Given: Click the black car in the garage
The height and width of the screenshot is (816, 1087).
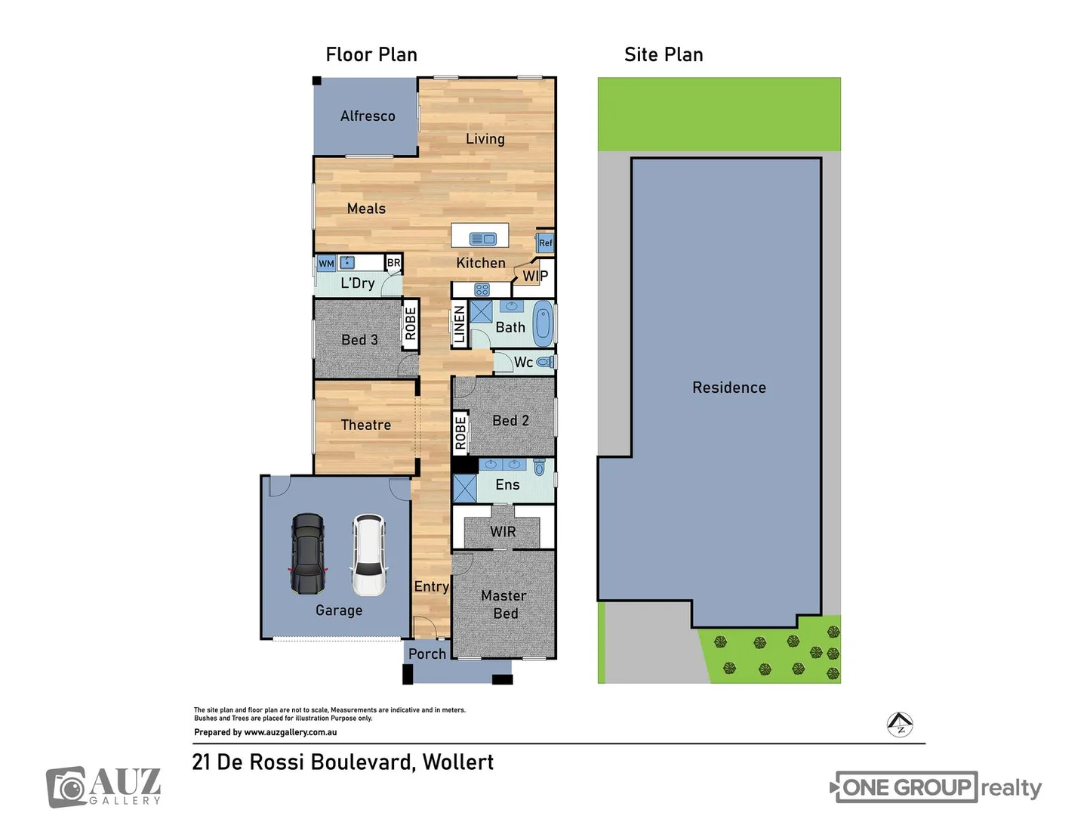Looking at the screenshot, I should click(x=308, y=554).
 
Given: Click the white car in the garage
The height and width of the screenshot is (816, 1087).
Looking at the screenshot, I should click(x=368, y=554).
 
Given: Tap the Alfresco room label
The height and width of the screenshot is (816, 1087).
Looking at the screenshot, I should click(x=368, y=116).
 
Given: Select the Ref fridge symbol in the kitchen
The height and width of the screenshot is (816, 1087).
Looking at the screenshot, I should click(x=545, y=243).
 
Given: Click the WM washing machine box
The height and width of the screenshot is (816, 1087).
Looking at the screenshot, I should click(x=326, y=264).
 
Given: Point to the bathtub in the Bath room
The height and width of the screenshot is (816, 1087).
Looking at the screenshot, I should click(x=543, y=324).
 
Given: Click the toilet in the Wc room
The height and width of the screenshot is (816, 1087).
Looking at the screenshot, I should click(x=545, y=362).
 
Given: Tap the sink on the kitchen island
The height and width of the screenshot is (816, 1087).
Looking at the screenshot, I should click(x=482, y=239).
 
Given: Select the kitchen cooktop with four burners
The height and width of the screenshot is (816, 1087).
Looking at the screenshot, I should click(x=482, y=289).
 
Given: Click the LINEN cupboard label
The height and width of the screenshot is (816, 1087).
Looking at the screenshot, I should click(x=459, y=325).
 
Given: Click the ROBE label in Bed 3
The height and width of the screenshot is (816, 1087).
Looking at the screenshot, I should click(x=410, y=323).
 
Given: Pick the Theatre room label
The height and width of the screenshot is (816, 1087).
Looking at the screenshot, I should click(x=366, y=425).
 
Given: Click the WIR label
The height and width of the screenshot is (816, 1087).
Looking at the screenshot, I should click(x=503, y=531).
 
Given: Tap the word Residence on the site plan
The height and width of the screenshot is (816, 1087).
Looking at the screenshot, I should click(x=729, y=388).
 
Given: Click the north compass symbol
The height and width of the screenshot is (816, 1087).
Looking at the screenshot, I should click(x=900, y=725).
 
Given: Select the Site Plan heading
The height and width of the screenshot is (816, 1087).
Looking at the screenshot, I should click(x=664, y=54).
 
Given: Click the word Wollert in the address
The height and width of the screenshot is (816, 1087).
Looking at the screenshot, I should click(x=457, y=762).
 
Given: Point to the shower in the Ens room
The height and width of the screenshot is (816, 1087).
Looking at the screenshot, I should click(x=465, y=488).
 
